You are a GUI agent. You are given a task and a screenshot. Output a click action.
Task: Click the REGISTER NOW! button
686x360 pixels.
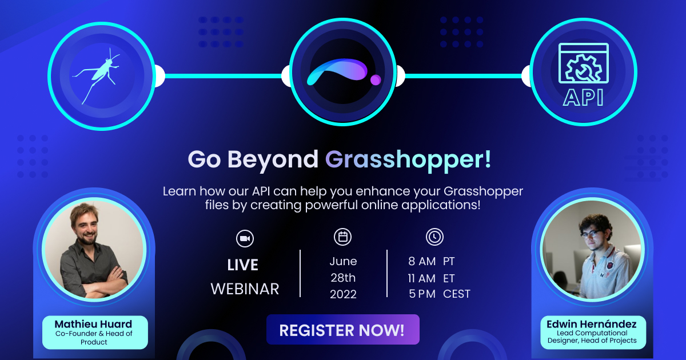[x=342, y=330]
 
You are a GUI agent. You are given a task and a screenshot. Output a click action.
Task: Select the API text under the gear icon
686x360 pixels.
[x=583, y=97]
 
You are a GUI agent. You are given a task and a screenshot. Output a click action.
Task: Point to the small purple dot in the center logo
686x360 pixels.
[x=376, y=79]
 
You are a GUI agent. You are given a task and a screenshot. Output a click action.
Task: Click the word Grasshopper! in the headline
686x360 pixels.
[x=408, y=159]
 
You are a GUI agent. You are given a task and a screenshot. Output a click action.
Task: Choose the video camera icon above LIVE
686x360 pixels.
[x=245, y=238]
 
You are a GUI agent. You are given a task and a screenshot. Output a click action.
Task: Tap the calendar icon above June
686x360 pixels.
[x=343, y=237]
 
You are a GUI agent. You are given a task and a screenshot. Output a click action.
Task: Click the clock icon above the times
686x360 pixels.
[x=434, y=237]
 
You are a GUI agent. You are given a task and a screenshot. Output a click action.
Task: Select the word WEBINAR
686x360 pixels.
[x=245, y=289]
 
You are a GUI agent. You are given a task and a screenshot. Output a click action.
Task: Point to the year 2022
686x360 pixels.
[x=343, y=294]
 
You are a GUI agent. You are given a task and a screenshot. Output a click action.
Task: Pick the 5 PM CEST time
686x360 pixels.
[x=439, y=294]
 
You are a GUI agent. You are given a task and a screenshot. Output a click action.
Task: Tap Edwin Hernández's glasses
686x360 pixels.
[x=591, y=234]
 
